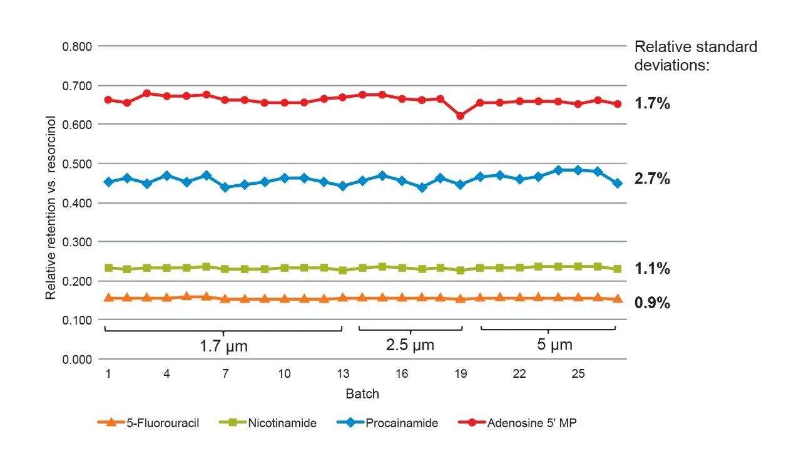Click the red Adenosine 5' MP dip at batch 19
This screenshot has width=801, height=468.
461,116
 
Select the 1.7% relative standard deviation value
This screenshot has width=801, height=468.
653,104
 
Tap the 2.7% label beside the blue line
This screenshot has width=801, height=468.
653,179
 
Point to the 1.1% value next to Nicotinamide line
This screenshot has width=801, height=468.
653,269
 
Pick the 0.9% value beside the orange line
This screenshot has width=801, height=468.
653,303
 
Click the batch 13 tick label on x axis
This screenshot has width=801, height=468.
343,374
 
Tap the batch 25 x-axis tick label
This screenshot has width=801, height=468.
578,374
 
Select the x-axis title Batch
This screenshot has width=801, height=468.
362,395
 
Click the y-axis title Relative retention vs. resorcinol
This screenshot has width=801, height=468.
51,207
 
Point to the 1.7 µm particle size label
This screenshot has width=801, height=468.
223,346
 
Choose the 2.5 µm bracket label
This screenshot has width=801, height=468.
411,345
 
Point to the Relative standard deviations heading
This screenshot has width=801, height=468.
696,56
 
